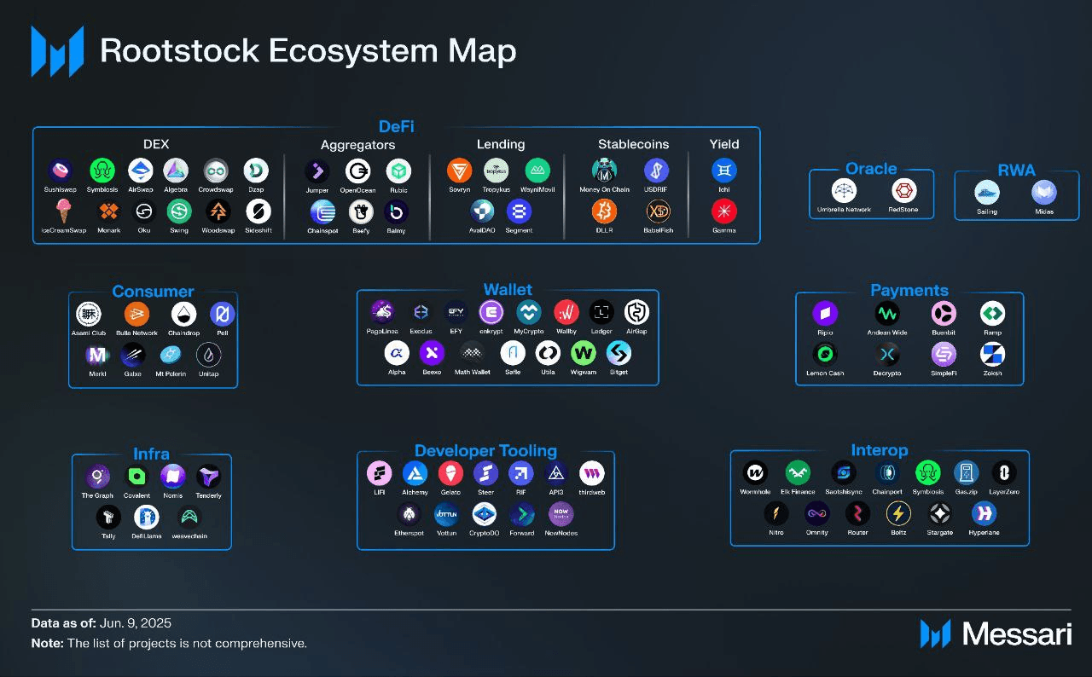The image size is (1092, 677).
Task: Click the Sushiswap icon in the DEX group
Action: [x=60, y=171]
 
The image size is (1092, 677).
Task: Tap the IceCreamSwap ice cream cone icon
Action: [x=63, y=211]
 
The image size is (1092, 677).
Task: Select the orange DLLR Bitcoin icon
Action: [x=604, y=211]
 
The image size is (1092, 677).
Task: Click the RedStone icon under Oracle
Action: [x=903, y=191]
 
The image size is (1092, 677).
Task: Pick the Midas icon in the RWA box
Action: [x=1043, y=193]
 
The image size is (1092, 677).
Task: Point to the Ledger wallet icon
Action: [x=601, y=312]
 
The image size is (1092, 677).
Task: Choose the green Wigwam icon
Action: [x=584, y=353]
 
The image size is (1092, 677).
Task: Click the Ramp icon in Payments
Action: [x=992, y=313]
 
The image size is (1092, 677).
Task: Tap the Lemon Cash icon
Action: [x=825, y=354]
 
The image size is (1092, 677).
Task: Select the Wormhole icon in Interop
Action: [x=755, y=472]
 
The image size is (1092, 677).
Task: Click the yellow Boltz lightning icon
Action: [x=898, y=513]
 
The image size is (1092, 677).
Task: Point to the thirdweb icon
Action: [x=591, y=473]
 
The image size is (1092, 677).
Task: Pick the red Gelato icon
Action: [x=450, y=473]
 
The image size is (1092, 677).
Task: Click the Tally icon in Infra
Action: [x=108, y=517]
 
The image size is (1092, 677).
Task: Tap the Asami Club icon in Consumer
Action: [x=88, y=314]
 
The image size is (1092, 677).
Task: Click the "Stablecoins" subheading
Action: [x=633, y=144]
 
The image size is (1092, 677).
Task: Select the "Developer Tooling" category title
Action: [x=485, y=451]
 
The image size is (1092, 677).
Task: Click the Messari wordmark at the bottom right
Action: [x=1016, y=634]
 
